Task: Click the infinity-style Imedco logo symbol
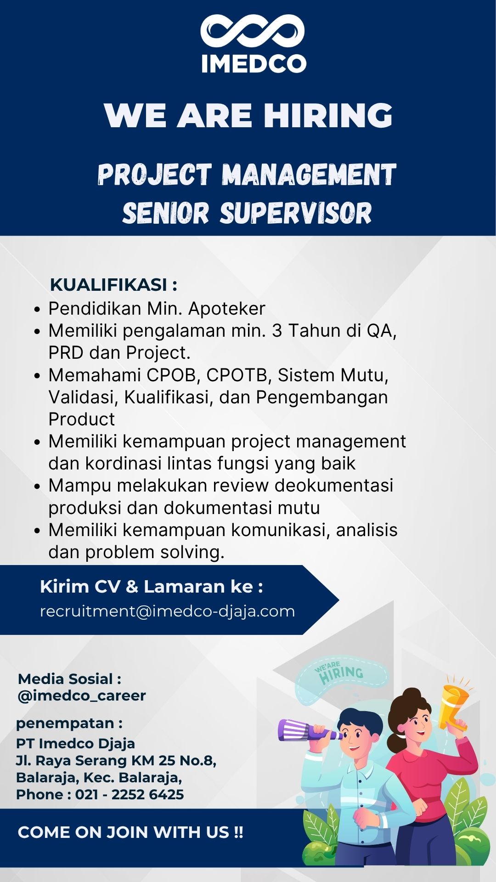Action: coord(253,31)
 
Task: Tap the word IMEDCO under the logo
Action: coord(254,64)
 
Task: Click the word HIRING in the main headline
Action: coord(328,115)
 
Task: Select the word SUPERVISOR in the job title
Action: coord(296,213)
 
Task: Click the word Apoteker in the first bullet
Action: coord(227,309)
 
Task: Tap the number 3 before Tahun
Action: coord(277,331)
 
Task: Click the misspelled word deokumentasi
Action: coord(334,486)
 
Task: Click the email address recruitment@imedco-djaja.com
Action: coord(167,611)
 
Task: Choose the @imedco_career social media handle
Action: coord(82,695)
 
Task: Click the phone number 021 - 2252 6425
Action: coord(130,794)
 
